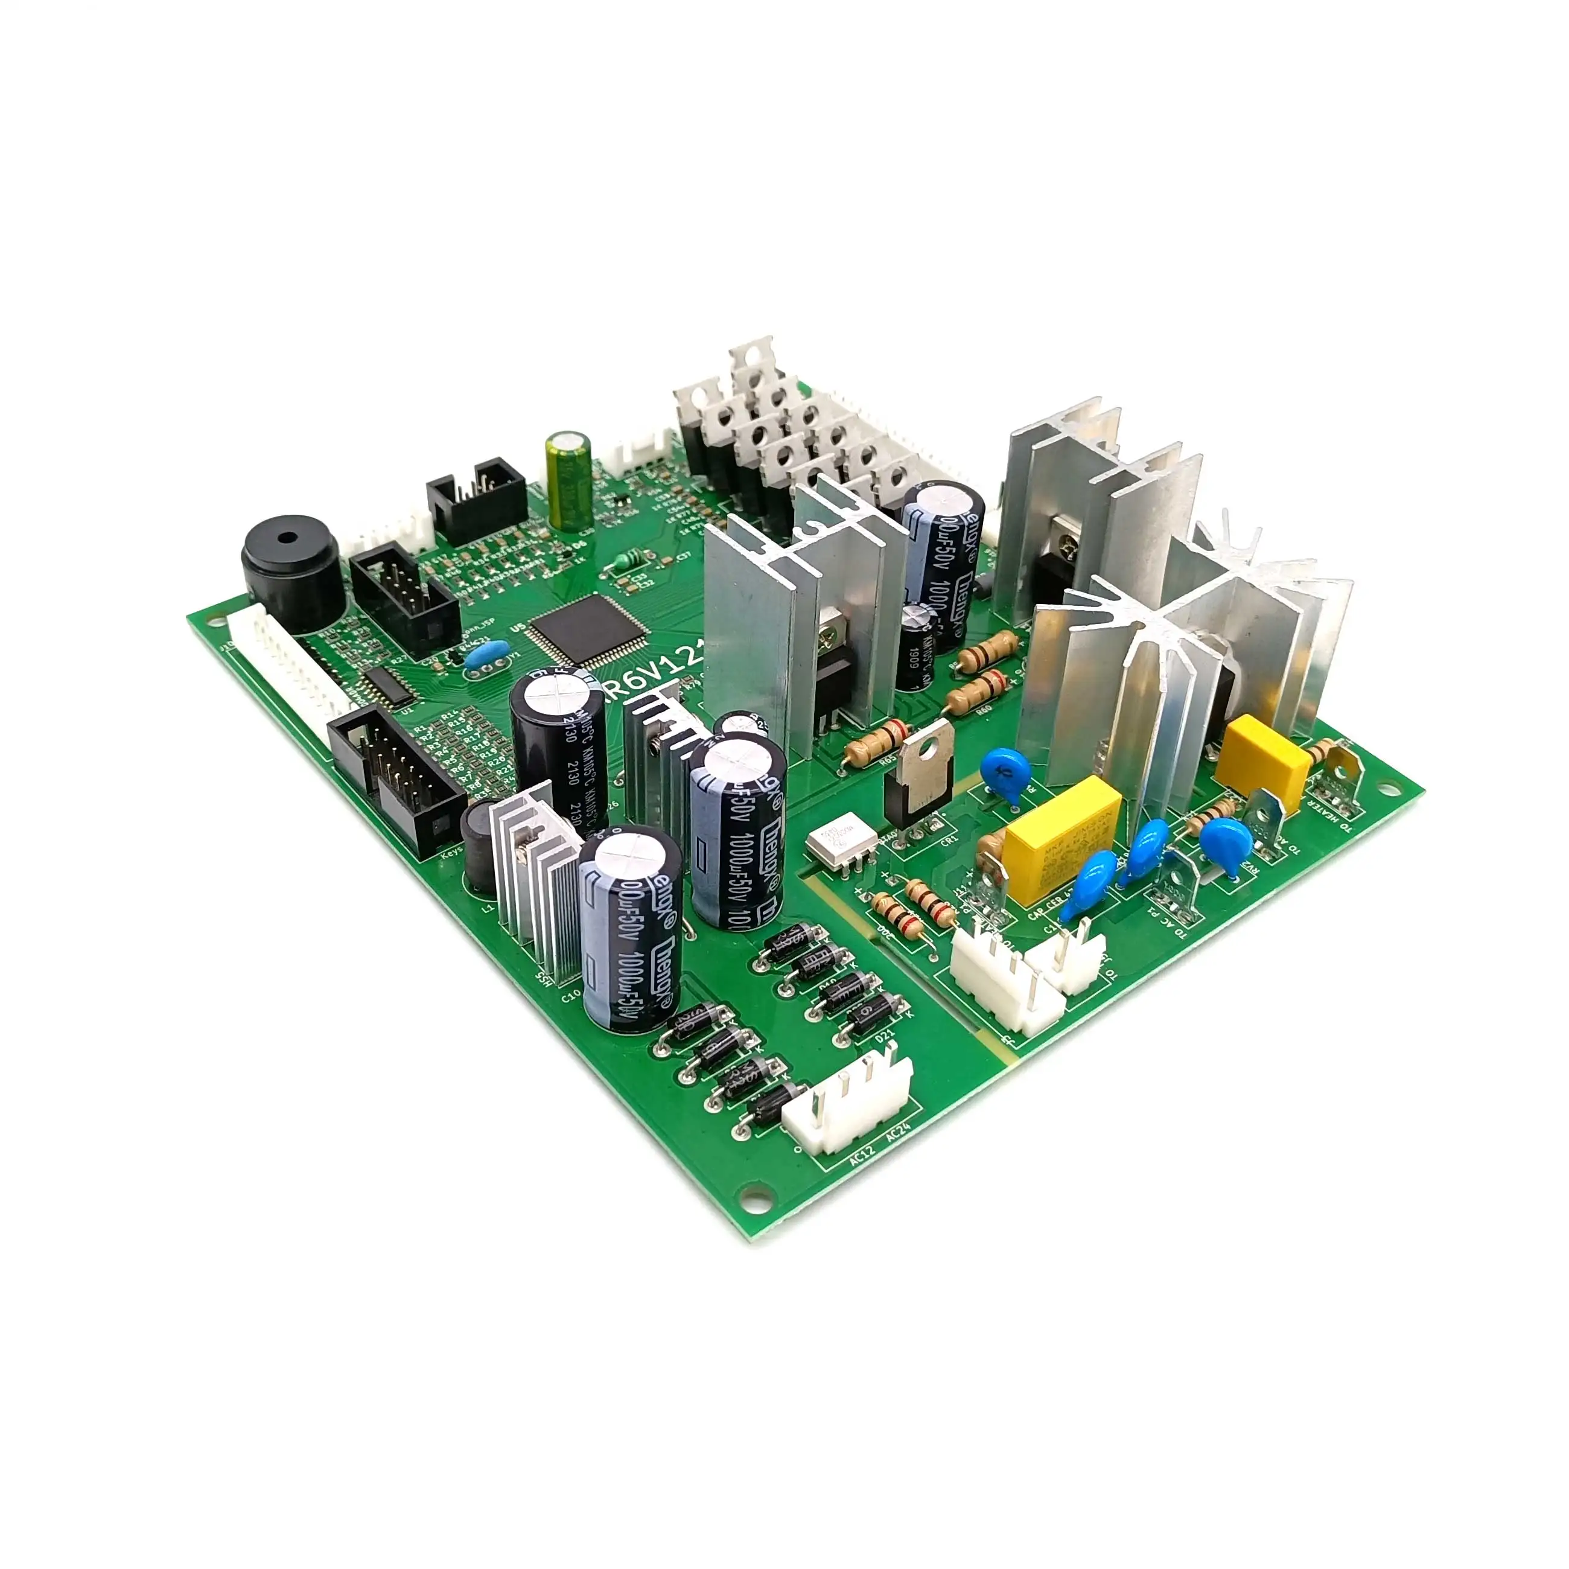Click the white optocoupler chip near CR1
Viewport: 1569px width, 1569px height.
[x=841, y=845]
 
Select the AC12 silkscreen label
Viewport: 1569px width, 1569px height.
[x=862, y=1156]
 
